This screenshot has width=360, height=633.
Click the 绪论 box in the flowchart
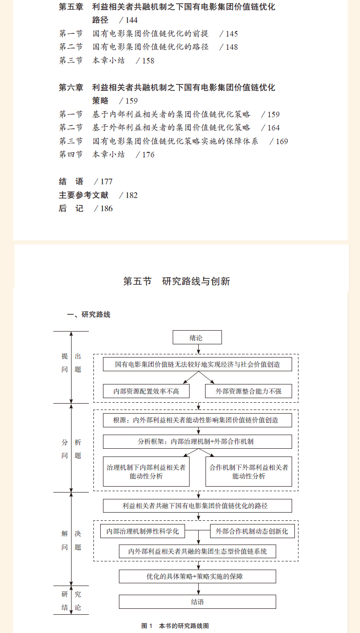(x=197, y=337)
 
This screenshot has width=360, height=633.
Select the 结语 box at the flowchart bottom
(x=197, y=602)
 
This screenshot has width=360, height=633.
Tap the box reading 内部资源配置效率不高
(x=146, y=391)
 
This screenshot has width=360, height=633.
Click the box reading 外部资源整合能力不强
(x=248, y=391)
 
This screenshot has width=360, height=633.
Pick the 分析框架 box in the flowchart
(x=197, y=441)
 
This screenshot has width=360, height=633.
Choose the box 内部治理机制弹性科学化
(x=143, y=531)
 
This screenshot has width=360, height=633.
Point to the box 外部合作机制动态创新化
(x=252, y=531)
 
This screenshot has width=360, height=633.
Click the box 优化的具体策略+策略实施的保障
(x=197, y=576)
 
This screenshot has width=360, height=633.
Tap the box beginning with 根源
(x=197, y=420)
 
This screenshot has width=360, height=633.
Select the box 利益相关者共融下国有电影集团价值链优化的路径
(x=197, y=506)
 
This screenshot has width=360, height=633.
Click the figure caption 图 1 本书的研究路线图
(x=175, y=626)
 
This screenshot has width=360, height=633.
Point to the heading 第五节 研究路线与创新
(x=176, y=281)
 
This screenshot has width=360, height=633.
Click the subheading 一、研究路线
(x=88, y=315)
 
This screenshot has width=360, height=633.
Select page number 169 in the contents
(x=282, y=141)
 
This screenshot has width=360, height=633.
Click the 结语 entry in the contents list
(x=71, y=182)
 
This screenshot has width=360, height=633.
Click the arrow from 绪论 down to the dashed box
(x=198, y=349)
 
